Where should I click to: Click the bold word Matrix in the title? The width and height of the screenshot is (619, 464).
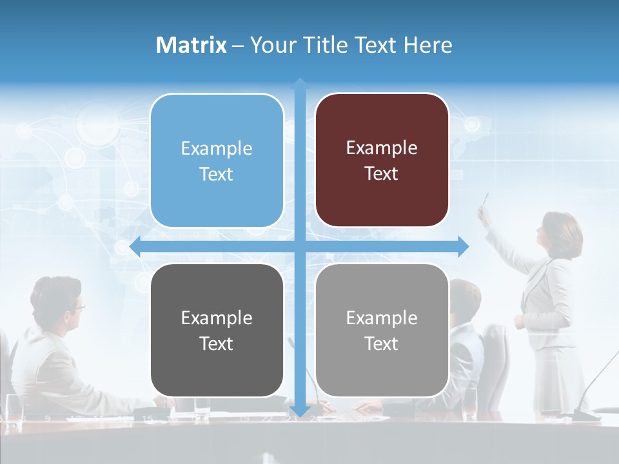(192, 45)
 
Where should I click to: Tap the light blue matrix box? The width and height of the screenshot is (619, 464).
(217, 160)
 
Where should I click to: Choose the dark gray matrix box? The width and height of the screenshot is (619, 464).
(217, 330)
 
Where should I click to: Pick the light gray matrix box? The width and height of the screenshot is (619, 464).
(382, 330)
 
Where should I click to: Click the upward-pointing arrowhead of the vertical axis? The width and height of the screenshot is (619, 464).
(300, 84)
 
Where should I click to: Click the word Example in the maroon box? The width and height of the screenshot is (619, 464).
(382, 148)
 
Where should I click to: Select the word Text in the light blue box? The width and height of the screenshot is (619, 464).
(217, 174)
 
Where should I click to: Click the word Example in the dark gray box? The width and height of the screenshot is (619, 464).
(217, 318)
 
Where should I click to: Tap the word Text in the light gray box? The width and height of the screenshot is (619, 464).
(382, 343)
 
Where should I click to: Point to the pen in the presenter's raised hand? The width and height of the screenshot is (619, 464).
(486, 199)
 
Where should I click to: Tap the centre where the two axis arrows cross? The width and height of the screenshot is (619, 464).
(300, 246)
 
